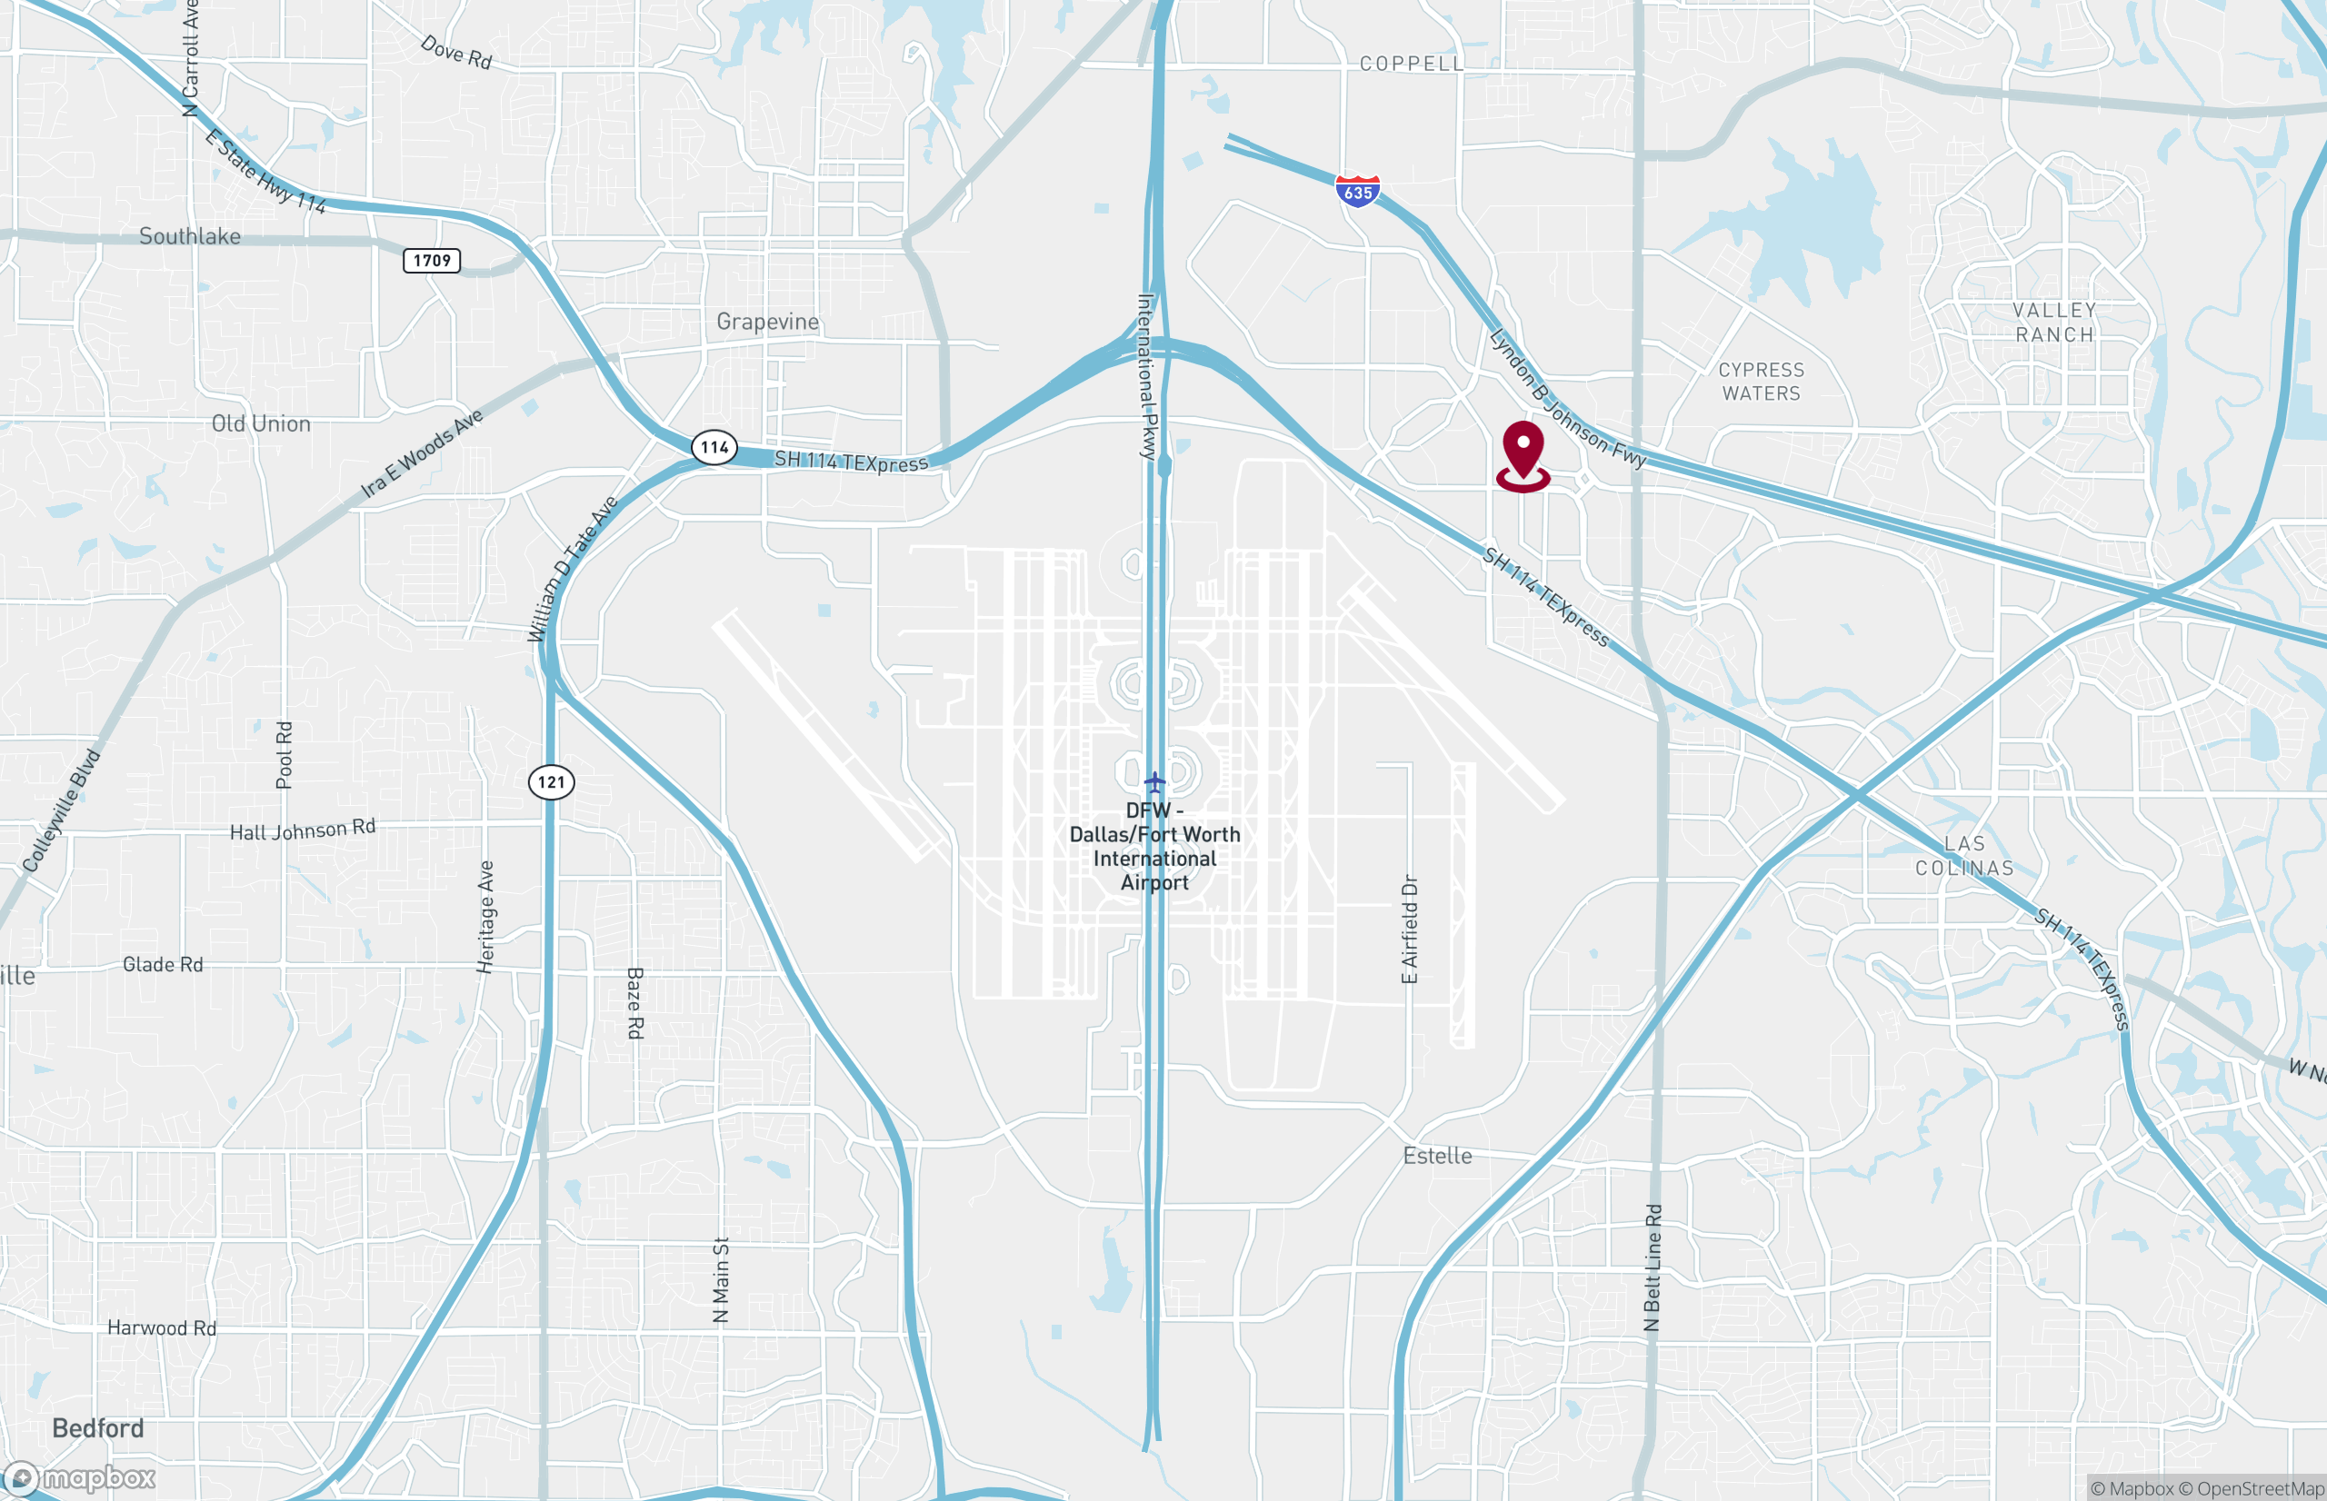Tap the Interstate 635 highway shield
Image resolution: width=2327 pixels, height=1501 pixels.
[x=1358, y=191]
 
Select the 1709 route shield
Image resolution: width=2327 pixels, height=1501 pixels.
[x=432, y=260]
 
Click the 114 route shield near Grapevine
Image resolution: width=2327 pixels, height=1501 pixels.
[x=714, y=447]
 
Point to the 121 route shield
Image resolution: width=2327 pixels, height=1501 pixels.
[x=552, y=781]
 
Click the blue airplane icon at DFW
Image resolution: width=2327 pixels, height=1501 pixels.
[x=1154, y=781]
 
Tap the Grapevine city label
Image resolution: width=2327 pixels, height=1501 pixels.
[x=767, y=322]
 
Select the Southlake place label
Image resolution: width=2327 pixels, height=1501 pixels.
[x=190, y=236]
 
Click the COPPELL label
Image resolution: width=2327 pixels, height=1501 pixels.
[x=1412, y=65]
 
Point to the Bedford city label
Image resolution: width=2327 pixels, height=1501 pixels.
[x=97, y=1428]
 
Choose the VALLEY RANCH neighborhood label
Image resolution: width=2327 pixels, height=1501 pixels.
[x=2054, y=323]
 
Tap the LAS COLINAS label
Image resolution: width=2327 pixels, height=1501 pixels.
[x=1964, y=856]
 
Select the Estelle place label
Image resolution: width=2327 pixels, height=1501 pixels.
[x=1437, y=1156]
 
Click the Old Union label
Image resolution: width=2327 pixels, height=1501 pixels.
[x=261, y=424]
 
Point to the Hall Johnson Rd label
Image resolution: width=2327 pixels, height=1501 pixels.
[x=302, y=830]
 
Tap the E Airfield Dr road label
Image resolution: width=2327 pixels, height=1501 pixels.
[x=1410, y=929]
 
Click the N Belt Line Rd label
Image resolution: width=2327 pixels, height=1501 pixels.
[x=1653, y=1267]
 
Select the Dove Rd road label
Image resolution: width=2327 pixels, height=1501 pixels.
[x=456, y=52]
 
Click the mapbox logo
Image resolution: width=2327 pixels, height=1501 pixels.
[x=80, y=1477]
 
